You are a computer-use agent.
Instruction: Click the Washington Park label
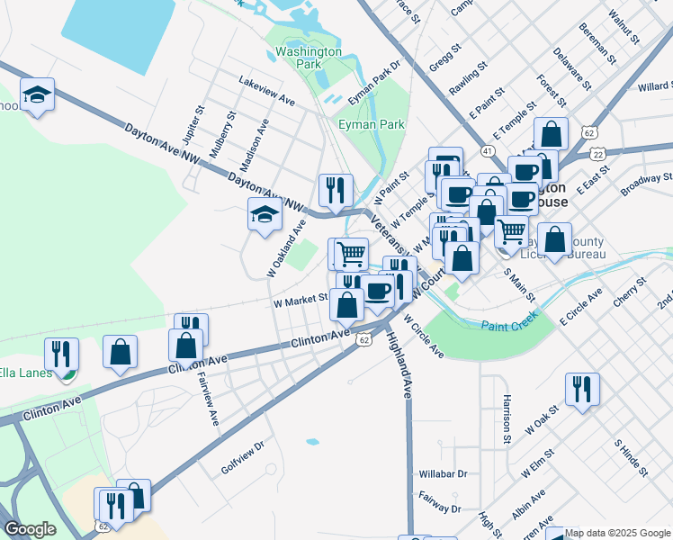(309, 58)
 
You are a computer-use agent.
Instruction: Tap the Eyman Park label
(371, 124)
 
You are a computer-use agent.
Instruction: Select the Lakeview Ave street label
(267, 88)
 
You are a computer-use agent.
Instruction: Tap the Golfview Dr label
(242, 457)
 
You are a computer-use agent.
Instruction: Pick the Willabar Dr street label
(444, 473)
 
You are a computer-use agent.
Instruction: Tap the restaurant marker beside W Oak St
(582, 389)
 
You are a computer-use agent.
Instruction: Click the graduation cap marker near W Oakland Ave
(264, 215)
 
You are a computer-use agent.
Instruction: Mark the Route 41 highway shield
(487, 150)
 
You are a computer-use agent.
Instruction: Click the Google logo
(30, 529)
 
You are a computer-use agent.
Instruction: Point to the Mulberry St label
(221, 134)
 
